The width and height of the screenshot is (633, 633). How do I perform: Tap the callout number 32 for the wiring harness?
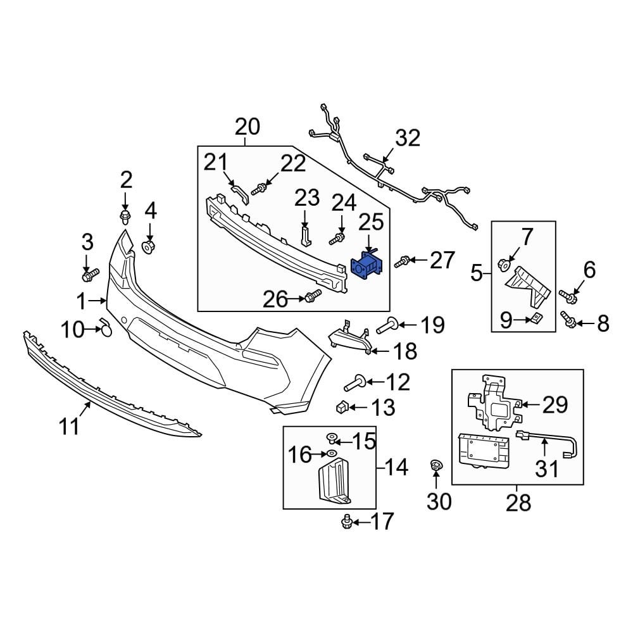click(x=408, y=138)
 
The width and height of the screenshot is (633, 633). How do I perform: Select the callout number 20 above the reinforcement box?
click(x=247, y=127)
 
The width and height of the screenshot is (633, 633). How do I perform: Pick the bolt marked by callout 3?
click(x=90, y=275)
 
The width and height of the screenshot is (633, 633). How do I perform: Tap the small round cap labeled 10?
click(x=106, y=329)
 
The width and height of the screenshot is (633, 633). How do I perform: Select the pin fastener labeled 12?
click(x=353, y=382)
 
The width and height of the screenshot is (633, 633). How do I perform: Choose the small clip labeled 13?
click(x=342, y=406)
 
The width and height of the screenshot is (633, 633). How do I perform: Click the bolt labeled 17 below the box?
click(x=346, y=521)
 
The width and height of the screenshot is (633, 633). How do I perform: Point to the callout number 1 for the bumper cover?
click(x=81, y=299)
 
